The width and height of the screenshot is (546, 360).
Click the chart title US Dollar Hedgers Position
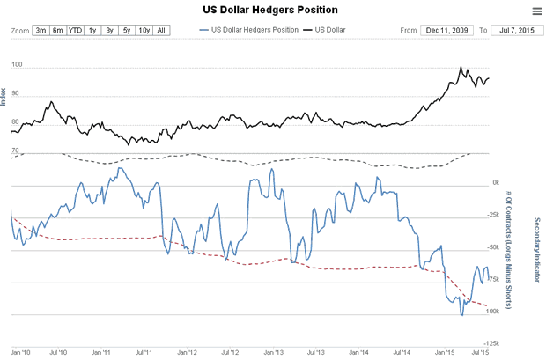point(274,10)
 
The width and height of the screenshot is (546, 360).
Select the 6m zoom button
point(58,31)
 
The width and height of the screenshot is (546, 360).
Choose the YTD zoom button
point(76,31)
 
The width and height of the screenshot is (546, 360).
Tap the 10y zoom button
point(144,31)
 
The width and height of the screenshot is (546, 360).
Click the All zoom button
point(160,31)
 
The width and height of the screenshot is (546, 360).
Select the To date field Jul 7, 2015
point(513,31)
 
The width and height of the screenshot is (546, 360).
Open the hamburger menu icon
point(536,11)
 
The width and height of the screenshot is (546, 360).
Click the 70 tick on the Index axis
point(15,151)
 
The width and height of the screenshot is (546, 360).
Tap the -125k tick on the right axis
point(492,343)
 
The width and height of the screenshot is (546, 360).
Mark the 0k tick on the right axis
point(496,183)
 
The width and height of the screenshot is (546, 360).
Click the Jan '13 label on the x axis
point(273,353)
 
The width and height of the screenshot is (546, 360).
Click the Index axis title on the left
point(5,92)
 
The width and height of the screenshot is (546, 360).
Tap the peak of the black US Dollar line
point(461,67)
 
